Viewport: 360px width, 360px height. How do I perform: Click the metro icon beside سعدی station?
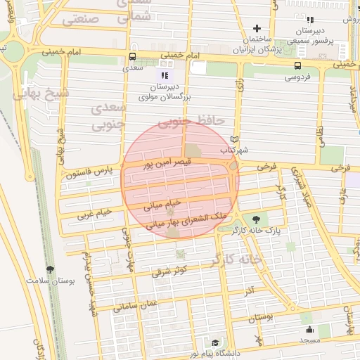(x=133, y=57)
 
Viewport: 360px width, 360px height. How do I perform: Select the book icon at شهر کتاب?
(x=235, y=139)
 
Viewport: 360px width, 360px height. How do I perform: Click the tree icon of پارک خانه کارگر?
(x=264, y=219)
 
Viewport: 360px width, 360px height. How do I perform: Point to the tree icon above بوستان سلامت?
(x=50, y=269)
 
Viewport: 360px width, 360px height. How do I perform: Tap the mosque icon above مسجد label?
(x=309, y=329)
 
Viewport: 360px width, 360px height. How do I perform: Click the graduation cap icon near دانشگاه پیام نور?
(x=215, y=342)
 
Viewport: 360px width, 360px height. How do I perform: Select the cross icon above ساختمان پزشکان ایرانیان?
(x=257, y=29)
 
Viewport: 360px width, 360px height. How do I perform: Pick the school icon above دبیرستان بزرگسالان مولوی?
(x=165, y=75)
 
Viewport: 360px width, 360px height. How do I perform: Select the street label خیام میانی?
(x=162, y=205)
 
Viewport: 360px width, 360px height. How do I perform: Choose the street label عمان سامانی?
(x=136, y=307)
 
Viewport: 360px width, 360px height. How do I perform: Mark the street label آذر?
(x=250, y=290)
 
